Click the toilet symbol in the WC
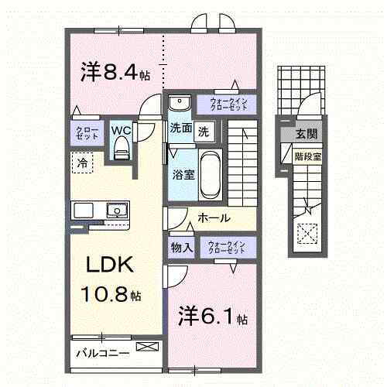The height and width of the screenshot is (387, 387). pyautogui.click(x=119, y=152)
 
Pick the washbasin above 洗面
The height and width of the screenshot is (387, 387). pyautogui.click(x=180, y=104)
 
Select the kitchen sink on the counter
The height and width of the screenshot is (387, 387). pyautogui.click(x=117, y=210)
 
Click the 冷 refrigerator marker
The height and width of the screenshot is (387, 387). pyautogui.click(x=81, y=163)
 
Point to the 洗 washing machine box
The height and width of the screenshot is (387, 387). pyautogui.click(x=204, y=131)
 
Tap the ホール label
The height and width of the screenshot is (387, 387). pyautogui.click(x=214, y=219)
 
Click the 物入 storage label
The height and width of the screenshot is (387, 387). pyautogui.click(x=183, y=248)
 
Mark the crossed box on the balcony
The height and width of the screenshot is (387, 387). pyautogui.click(x=145, y=347)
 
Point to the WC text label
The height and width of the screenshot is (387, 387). pyautogui.click(x=120, y=130)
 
